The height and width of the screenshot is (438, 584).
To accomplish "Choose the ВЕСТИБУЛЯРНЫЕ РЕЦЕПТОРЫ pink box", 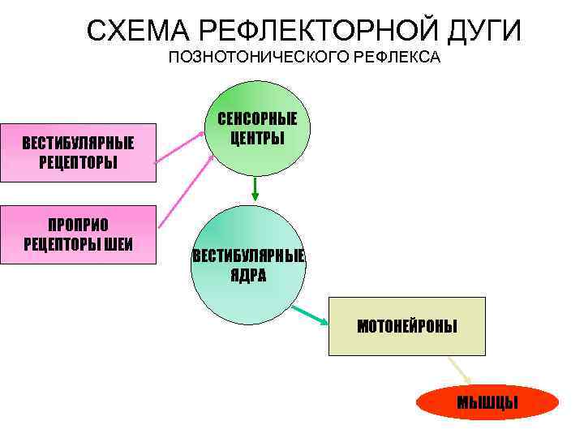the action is tap(78, 152).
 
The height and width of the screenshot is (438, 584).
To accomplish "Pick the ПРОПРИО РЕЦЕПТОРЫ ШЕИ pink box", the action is tap(78, 234).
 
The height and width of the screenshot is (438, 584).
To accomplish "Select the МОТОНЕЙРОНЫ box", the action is tap(406, 326).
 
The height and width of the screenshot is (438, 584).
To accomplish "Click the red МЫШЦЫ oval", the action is tap(487, 402).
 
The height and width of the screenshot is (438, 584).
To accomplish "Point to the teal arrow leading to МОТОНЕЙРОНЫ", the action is tap(311, 316).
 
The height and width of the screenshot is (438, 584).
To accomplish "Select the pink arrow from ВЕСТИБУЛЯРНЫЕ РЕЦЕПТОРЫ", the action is tap(182, 147).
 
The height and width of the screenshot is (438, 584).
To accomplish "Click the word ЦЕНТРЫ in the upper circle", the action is tap(257, 138).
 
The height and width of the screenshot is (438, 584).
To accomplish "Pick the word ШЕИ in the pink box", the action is tap(118, 243).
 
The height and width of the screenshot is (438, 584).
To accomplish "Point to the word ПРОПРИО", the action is tap(78, 225).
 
